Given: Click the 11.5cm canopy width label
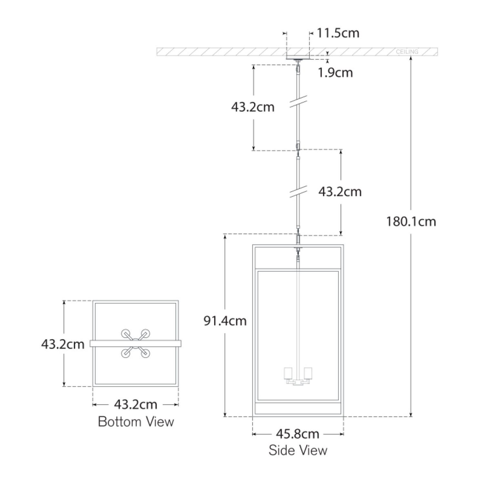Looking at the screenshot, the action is coord(338,33).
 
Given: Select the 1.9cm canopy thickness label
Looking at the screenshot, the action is coord(335,73).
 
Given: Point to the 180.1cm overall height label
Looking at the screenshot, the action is coord(411,222).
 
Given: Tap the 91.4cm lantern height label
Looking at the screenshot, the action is coord(225,321).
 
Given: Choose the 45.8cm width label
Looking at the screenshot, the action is coord(297,434).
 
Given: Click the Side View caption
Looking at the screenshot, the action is coord(298,450).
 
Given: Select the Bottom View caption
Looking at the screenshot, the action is coord(136,421).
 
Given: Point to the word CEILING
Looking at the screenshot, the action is coord(407,52).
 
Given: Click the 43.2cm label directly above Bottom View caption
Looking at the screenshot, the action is coord(136,404).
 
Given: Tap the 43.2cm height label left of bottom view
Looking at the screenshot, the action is coord(63,344).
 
